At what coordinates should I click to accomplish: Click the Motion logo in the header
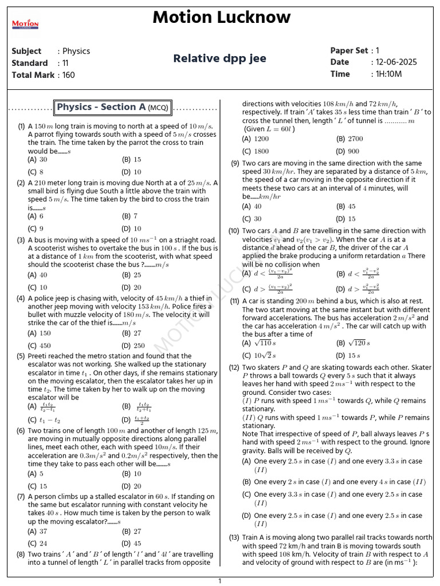click(x=25, y=24)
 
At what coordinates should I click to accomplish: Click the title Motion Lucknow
click(x=221, y=17)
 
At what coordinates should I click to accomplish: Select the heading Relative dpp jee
click(x=219, y=58)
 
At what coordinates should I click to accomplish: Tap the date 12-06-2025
click(x=396, y=62)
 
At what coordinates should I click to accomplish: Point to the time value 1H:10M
click(x=388, y=74)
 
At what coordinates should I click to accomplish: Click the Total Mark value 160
click(x=68, y=75)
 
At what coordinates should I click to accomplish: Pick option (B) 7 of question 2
click(x=130, y=216)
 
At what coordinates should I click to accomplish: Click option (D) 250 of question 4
click(x=133, y=346)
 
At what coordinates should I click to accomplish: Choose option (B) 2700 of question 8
click(x=349, y=138)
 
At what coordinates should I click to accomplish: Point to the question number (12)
click(x=234, y=367)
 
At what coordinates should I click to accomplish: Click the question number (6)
click(x=21, y=430)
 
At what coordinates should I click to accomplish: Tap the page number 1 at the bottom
click(x=219, y=581)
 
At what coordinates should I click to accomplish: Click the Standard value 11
click(x=65, y=63)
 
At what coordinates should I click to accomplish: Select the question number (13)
click(x=234, y=537)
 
